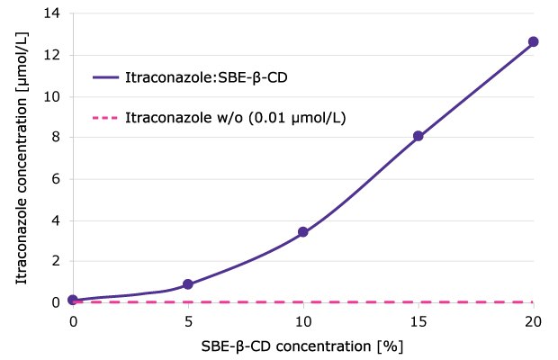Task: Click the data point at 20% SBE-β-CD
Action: (x=533, y=41)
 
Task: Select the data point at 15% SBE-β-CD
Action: (x=418, y=136)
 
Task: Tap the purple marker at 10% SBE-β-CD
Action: (x=303, y=231)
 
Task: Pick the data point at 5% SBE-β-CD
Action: (x=188, y=284)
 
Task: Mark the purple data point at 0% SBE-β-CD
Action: (x=73, y=300)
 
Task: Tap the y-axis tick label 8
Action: (x=57, y=138)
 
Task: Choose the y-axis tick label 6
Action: (x=57, y=179)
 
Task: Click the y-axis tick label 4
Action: (x=57, y=220)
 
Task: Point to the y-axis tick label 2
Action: (x=57, y=262)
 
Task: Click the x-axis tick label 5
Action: (x=188, y=320)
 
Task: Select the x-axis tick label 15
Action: (x=418, y=320)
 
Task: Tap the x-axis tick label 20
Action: (x=533, y=320)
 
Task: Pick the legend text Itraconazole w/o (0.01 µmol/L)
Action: (x=236, y=118)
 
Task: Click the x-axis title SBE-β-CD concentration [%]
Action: (x=302, y=345)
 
